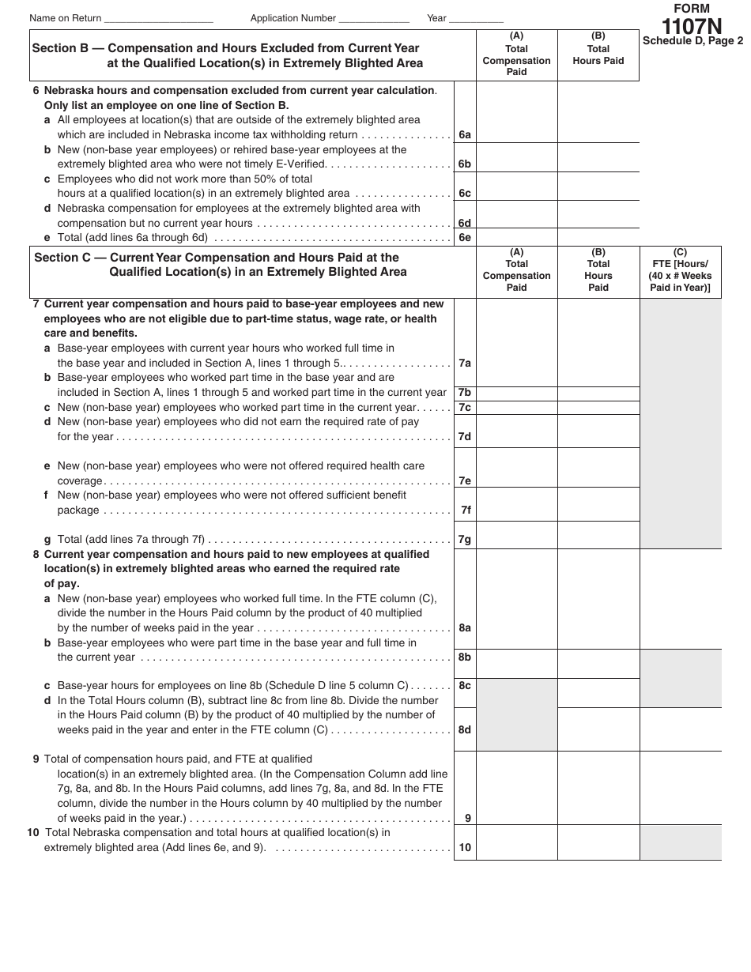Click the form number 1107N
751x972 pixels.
692,26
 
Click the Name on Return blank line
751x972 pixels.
158,18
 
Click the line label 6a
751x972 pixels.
465,135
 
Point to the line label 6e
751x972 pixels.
465,238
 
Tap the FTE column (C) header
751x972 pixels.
680,270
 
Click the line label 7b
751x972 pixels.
465,393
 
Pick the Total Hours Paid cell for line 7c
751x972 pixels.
598,408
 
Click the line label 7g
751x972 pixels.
465,540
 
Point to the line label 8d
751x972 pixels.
465,730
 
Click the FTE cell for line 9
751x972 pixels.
680,787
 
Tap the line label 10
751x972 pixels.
465,848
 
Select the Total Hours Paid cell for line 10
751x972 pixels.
598,842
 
